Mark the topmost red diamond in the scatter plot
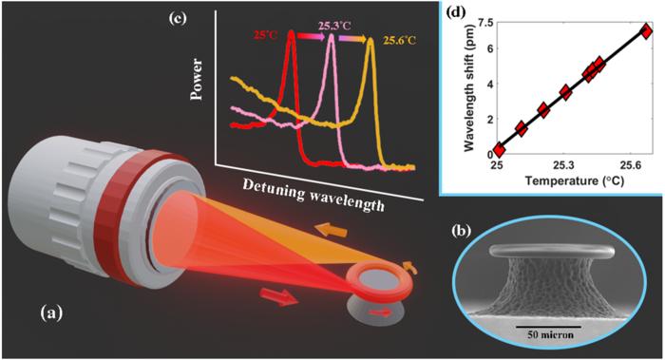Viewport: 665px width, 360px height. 647,30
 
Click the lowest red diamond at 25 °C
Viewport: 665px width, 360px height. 498,150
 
